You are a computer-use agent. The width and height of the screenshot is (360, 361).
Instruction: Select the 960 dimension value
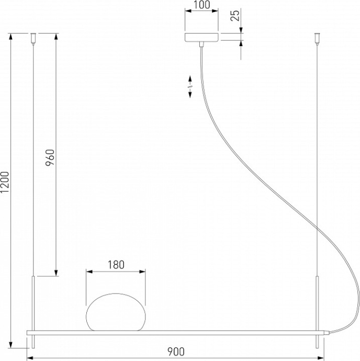click(50, 157)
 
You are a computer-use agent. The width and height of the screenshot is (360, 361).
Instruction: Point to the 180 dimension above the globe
click(116, 265)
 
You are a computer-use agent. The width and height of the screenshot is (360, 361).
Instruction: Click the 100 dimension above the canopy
click(201, 6)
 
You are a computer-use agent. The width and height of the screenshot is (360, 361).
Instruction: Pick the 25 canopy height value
click(236, 15)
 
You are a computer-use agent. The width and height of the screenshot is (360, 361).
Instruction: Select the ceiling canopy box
click(201, 38)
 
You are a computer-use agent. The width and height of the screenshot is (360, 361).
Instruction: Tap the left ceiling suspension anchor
click(33, 38)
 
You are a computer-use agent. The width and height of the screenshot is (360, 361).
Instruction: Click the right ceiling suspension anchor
click(316, 38)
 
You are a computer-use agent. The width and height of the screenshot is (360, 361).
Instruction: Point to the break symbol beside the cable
click(189, 85)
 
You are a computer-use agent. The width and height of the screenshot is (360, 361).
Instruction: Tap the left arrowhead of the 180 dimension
click(88, 272)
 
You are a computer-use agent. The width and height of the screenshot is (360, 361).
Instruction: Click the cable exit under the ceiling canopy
click(201, 46)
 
